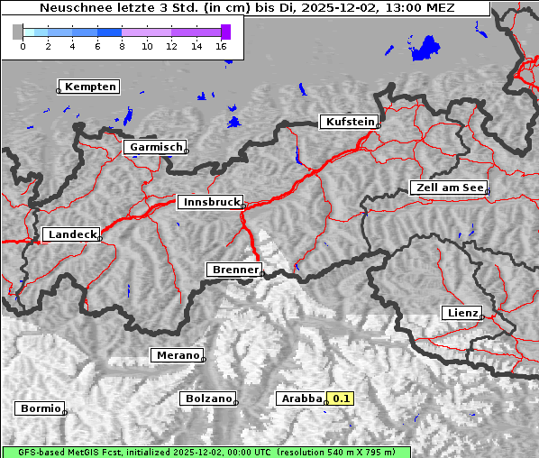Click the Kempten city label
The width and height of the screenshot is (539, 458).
coord(89,87)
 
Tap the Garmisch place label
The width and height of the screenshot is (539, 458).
coord(156,147)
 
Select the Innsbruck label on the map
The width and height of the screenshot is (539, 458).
coord(210,203)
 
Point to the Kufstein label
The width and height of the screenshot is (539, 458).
coord(349,122)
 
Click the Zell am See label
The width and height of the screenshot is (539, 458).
coord(448,188)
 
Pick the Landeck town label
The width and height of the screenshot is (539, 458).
coord(71,234)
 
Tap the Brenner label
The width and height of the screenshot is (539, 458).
coord(234,270)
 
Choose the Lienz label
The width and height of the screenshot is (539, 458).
coord(461,313)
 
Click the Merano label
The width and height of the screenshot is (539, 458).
coord(177,355)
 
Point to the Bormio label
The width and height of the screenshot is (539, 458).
coord(40,408)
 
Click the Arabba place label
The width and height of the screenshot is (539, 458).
coord(301,398)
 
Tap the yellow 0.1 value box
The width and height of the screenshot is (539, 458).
coord(341,398)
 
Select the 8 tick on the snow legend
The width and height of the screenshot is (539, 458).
coord(122,45)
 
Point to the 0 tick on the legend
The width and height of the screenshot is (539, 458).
coord(23,45)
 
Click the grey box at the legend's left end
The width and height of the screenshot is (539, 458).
coord(17,32)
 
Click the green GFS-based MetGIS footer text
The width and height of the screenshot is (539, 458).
coord(206,452)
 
